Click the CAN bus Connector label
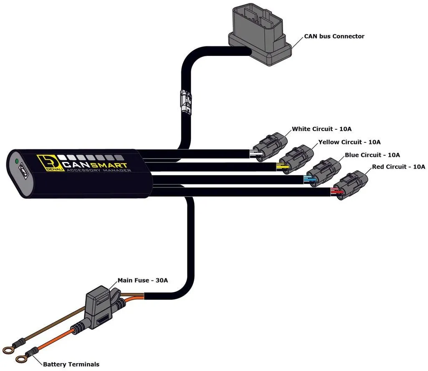[334, 36]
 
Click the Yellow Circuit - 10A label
[349, 142]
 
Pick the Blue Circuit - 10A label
[372, 155]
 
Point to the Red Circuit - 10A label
[398, 167]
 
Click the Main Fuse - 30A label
[143, 280]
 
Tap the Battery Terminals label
[71, 364]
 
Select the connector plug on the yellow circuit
[297, 159]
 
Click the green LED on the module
[17, 161]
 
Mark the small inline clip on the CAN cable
[185, 100]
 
